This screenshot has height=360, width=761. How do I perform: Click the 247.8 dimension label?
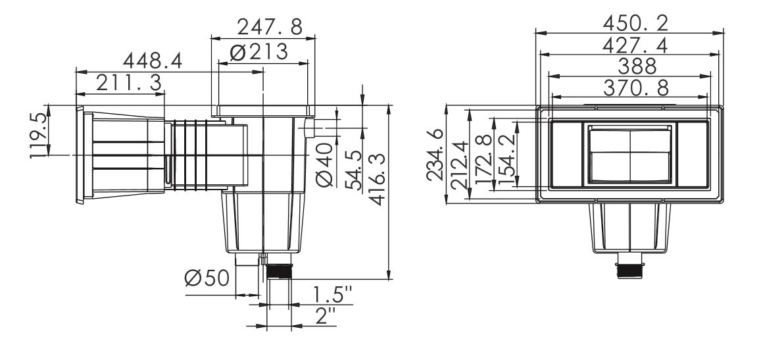(x=270, y=27)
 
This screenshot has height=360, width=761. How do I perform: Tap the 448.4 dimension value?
(x=153, y=61)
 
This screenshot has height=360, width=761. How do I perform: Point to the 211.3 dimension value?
(x=129, y=83)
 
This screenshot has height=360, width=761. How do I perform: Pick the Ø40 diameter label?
(x=325, y=165)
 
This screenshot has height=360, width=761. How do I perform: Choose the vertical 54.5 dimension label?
(x=353, y=170)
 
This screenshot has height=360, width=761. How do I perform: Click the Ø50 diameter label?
(x=207, y=278)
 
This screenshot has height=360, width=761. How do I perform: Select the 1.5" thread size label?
(x=332, y=295)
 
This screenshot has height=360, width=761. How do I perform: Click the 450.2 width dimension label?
(x=636, y=23)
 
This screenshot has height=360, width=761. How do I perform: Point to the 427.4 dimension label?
(x=635, y=45)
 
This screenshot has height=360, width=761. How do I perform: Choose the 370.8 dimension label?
(x=636, y=88)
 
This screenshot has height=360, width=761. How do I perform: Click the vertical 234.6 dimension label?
(x=435, y=155)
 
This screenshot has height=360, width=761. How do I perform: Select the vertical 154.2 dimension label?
(x=506, y=159)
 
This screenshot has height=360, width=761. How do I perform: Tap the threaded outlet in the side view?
(x=280, y=271)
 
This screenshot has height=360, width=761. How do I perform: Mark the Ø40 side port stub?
(x=310, y=128)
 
